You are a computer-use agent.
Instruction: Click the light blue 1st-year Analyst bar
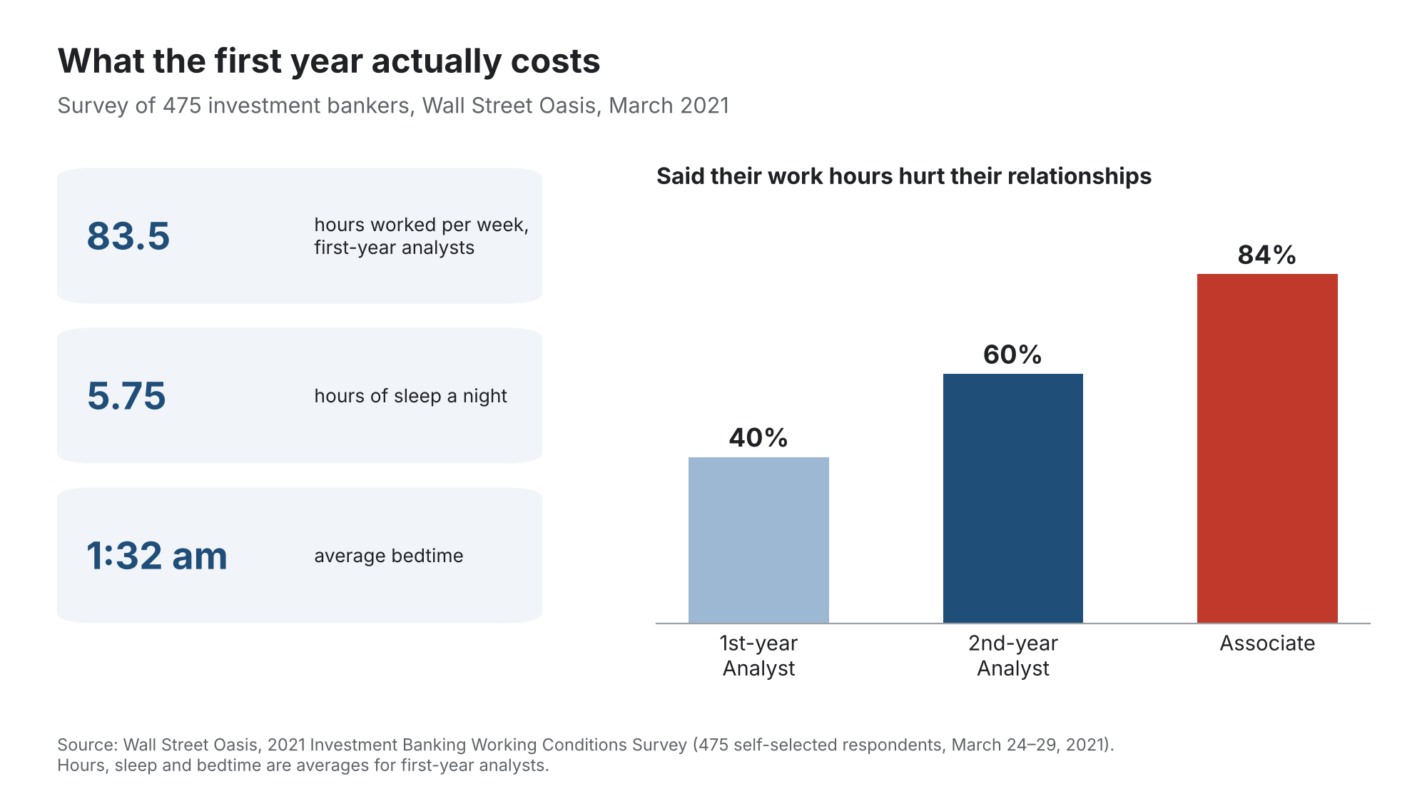click(758, 540)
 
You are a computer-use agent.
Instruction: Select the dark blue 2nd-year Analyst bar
click(1013, 498)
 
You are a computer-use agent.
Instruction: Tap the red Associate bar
click(1267, 448)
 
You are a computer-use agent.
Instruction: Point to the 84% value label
click(1267, 255)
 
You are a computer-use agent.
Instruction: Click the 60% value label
click(1012, 355)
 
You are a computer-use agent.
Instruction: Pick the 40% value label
click(758, 437)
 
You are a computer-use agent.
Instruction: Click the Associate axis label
click(1267, 643)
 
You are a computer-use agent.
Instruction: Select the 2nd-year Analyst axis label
click(1013, 656)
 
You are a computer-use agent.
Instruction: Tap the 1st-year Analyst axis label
click(758, 656)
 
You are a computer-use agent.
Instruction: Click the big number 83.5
click(128, 236)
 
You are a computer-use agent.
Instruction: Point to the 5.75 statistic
click(126, 396)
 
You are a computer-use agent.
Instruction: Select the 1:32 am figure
click(157, 556)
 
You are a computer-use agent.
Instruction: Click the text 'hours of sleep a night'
click(410, 396)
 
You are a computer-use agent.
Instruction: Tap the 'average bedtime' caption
click(389, 556)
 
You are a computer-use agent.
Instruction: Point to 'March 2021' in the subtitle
click(669, 106)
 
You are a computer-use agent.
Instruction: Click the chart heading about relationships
click(904, 176)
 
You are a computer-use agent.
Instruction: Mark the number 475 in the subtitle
click(182, 106)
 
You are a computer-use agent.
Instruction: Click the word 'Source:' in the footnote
click(87, 745)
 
